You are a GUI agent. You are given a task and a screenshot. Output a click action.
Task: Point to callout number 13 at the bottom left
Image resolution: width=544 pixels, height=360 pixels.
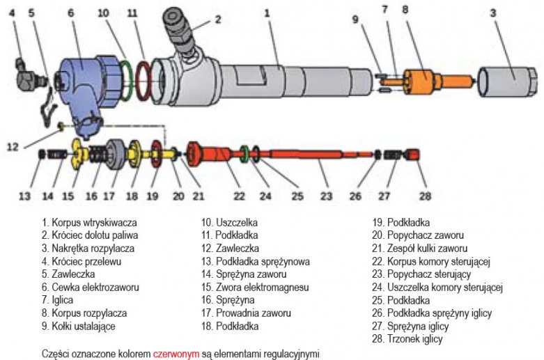(24, 196)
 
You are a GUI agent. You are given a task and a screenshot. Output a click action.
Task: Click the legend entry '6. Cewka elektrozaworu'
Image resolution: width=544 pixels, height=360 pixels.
(90, 287)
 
